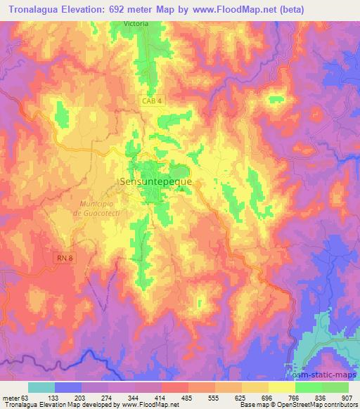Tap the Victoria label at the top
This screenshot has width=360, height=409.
tap(136, 23)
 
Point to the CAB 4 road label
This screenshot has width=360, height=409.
tap(149, 101)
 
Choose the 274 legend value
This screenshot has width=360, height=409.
tap(108, 398)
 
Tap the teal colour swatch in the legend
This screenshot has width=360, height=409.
tap(41, 387)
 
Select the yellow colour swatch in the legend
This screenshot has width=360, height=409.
tap(282, 387)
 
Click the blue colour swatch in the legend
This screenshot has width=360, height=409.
tap(68, 387)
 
